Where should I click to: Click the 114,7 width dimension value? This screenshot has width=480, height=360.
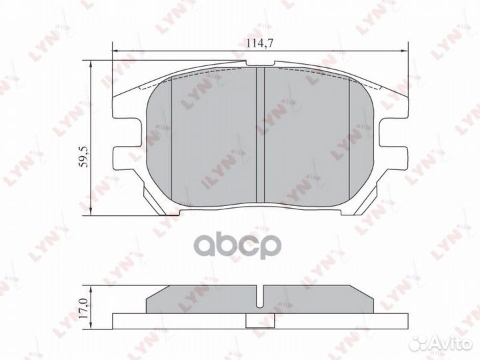(260, 43)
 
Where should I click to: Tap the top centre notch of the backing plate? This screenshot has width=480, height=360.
(260, 63)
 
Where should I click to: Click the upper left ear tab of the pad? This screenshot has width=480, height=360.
(127, 107)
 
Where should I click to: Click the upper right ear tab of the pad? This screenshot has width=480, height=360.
(393, 107)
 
